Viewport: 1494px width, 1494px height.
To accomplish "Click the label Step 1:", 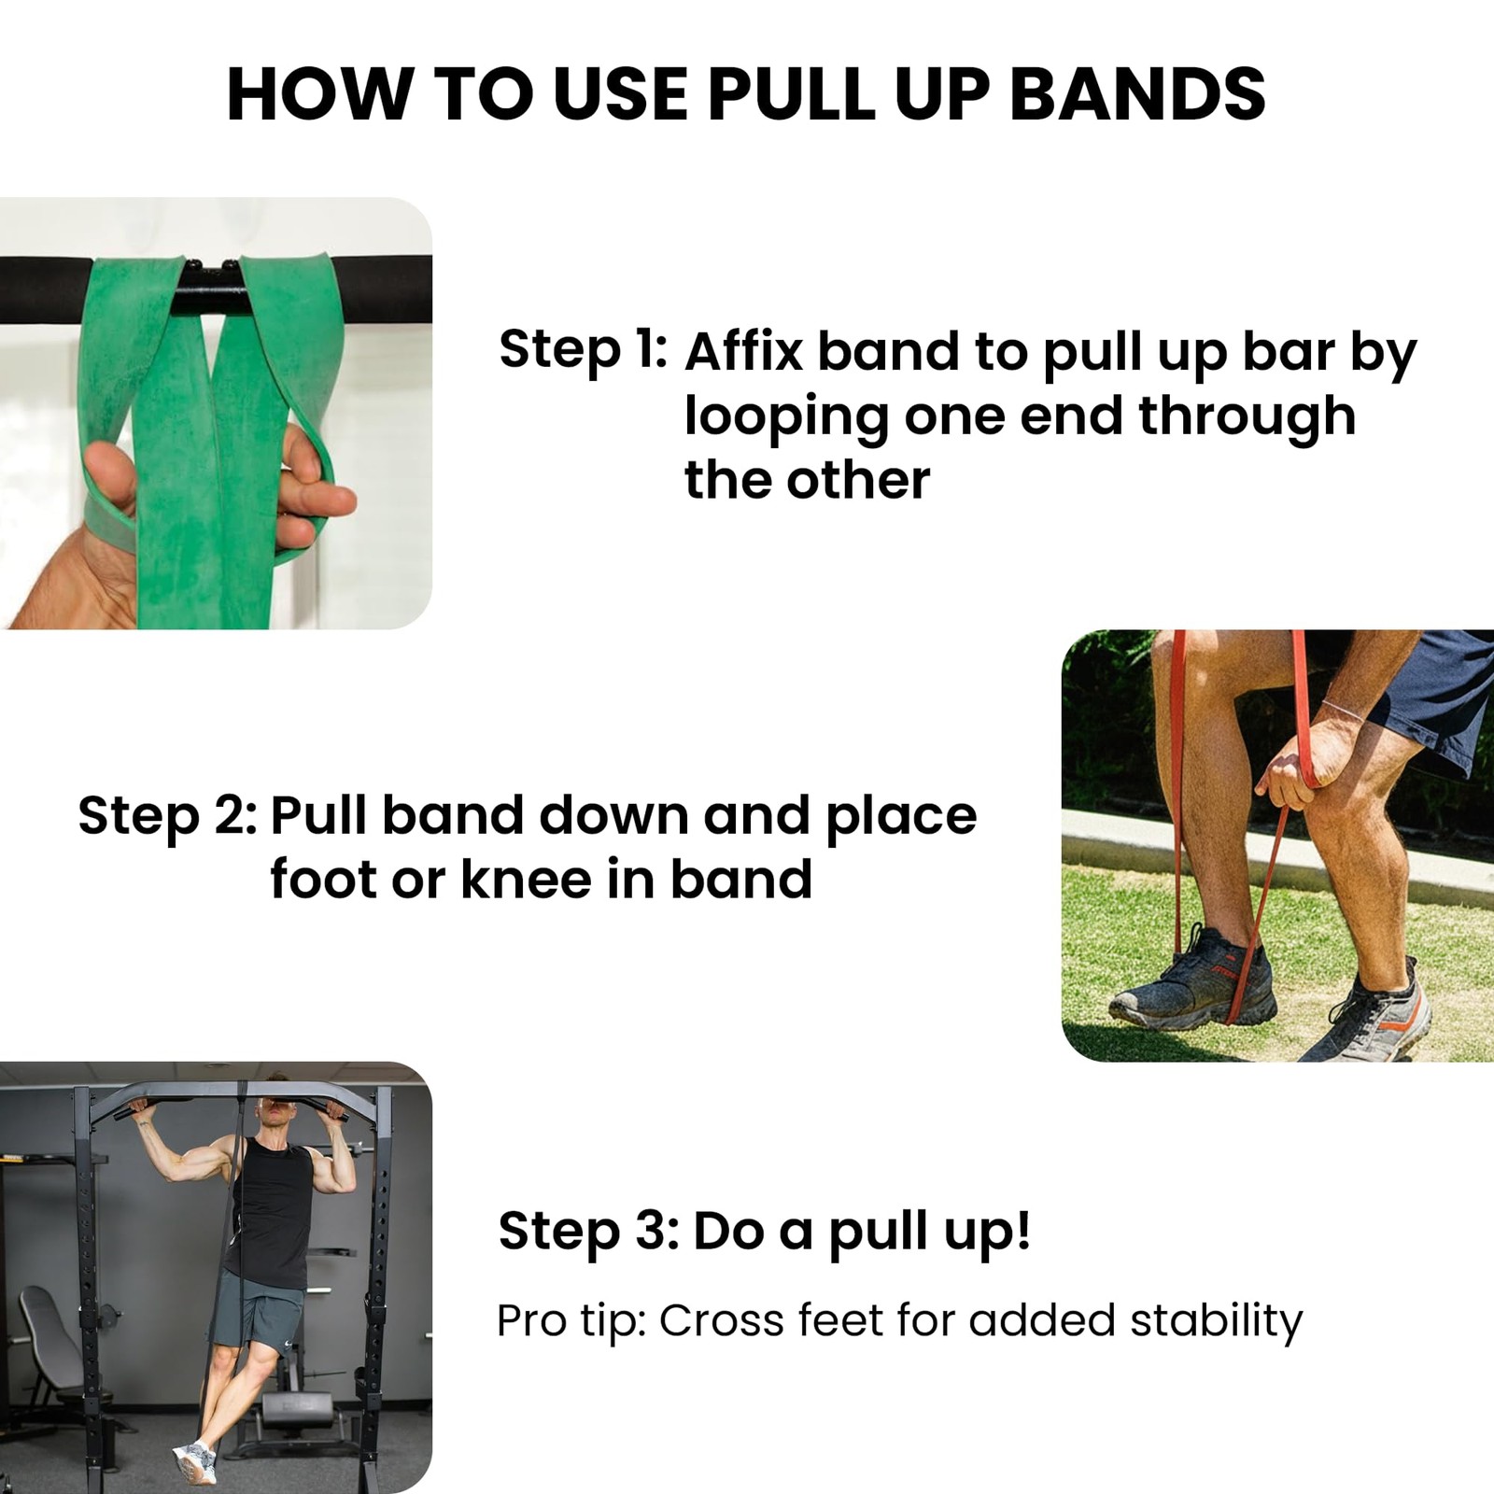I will (583, 349).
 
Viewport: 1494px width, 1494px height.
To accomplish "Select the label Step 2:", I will (167, 816).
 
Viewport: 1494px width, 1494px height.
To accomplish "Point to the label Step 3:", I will (588, 1231).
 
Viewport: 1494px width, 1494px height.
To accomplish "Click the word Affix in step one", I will (743, 353).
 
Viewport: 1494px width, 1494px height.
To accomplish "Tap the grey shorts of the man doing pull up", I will (259, 1312).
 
